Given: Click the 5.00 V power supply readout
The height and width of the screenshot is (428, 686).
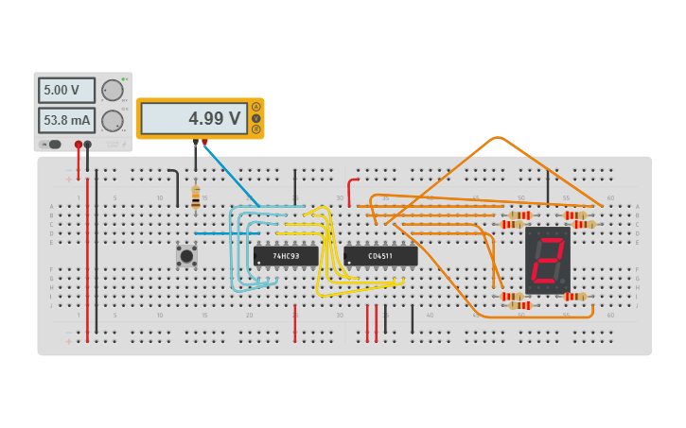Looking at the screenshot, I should pos(66,91).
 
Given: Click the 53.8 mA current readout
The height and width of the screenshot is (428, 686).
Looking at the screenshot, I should pos(66,121).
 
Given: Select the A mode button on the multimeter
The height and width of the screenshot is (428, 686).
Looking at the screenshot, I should pos(255,107).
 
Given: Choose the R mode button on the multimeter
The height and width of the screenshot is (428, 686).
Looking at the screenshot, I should pos(255,128).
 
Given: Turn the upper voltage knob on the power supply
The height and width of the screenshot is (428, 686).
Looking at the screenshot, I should pos(112,91).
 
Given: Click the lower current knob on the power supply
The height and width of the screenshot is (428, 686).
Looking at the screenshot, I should pos(112,121).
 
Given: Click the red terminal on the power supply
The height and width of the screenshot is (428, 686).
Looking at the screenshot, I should pos(79,145).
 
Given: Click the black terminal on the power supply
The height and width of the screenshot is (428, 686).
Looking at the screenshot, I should pos(88,145).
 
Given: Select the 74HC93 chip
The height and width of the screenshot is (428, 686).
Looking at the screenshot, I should pos(286,256).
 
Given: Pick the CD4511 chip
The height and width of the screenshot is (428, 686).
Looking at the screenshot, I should pos(380,256).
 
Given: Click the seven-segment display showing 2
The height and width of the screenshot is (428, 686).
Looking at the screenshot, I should pos(548,260).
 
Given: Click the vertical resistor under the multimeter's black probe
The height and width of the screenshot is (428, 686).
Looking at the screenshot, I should pos(196,197).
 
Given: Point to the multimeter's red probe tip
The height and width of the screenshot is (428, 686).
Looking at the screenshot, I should pos(204,143).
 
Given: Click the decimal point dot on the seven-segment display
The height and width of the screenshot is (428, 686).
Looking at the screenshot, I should pos(565,282).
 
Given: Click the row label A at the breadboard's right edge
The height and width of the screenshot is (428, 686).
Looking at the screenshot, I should pos(637,206).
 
